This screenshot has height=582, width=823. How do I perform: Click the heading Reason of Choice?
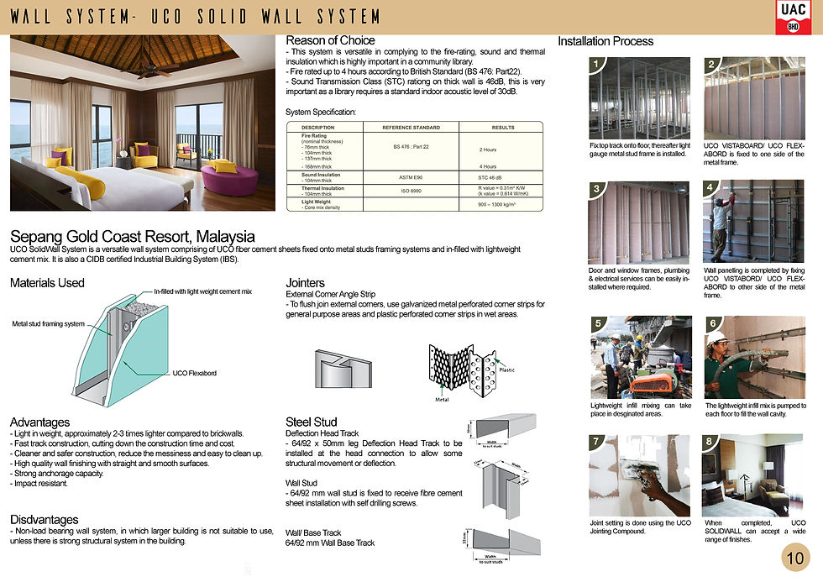pos(330,40)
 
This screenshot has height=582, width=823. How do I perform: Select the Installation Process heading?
pos(605,41)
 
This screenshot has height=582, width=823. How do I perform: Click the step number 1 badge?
pos(595,65)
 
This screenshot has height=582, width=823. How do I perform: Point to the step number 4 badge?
pos(710,187)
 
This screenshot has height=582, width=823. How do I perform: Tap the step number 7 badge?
pos(595,441)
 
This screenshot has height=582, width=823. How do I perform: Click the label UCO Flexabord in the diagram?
pos(195,373)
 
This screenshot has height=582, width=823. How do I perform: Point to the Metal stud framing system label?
pos(48,323)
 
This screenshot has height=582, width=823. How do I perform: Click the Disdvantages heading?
pos(44,520)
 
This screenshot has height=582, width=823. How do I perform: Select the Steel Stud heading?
pos(312,422)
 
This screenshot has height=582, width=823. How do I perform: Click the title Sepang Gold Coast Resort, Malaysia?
pos(132,237)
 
